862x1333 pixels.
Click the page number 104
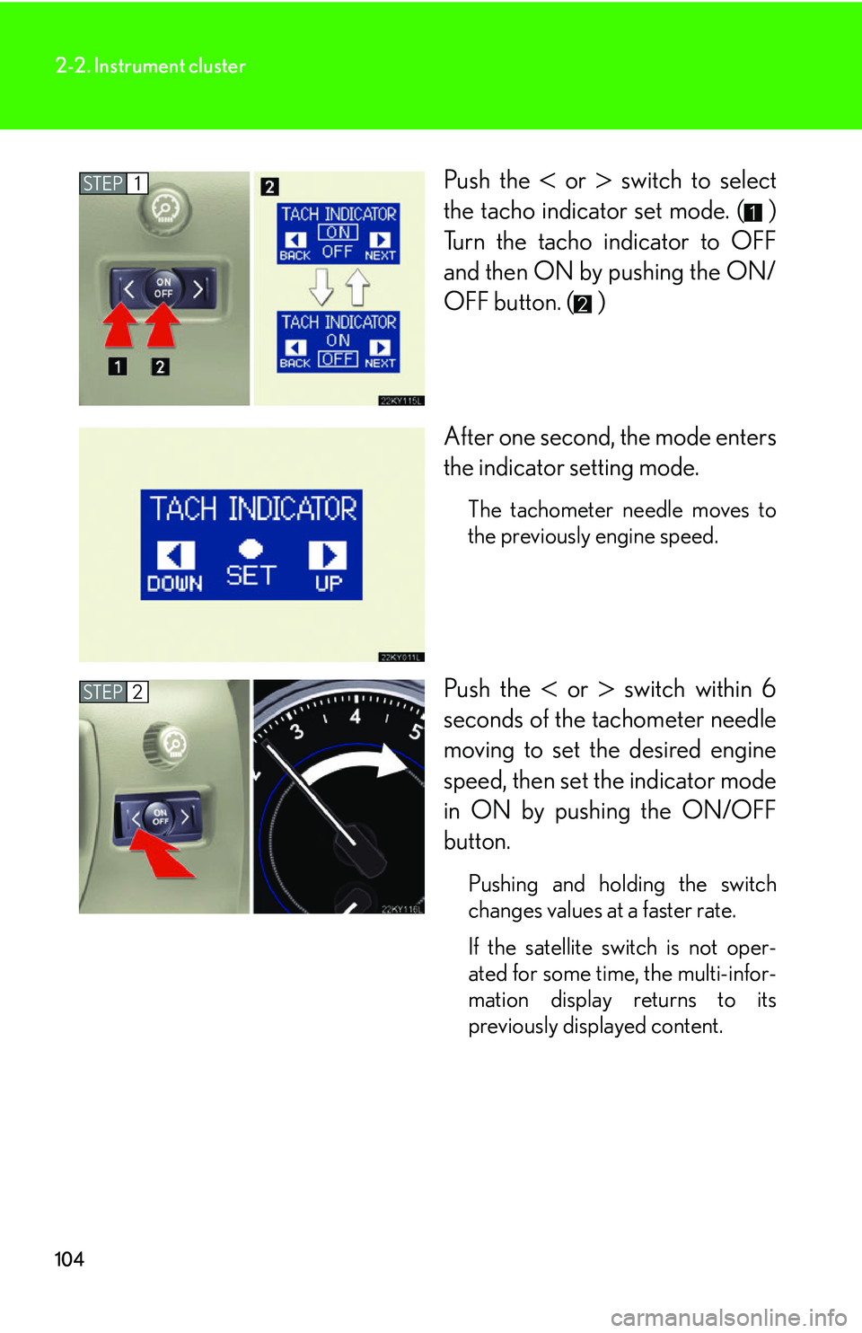pyautogui.click(x=69, y=1259)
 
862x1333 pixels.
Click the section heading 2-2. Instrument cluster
pyautogui.click(x=150, y=66)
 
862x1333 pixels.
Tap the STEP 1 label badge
pyautogui.click(x=113, y=183)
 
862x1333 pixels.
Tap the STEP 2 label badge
pyautogui.click(x=113, y=692)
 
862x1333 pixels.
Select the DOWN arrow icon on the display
pyautogui.click(x=175, y=555)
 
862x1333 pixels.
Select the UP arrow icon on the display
pyautogui.click(x=328, y=555)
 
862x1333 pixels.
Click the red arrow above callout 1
pyautogui.click(x=119, y=325)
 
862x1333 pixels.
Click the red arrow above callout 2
pyautogui.click(x=162, y=325)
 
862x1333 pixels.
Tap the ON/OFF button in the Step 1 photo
pyautogui.click(x=163, y=287)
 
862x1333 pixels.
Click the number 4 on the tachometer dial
pyautogui.click(x=356, y=716)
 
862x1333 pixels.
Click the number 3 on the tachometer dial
pyautogui.click(x=296, y=731)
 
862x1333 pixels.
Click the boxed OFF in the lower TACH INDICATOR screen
pyautogui.click(x=338, y=359)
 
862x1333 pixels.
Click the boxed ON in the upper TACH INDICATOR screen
pyautogui.click(x=338, y=233)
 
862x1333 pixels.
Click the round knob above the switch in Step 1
pyautogui.click(x=164, y=208)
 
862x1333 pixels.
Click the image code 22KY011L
pyautogui.click(x=400, y=657)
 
